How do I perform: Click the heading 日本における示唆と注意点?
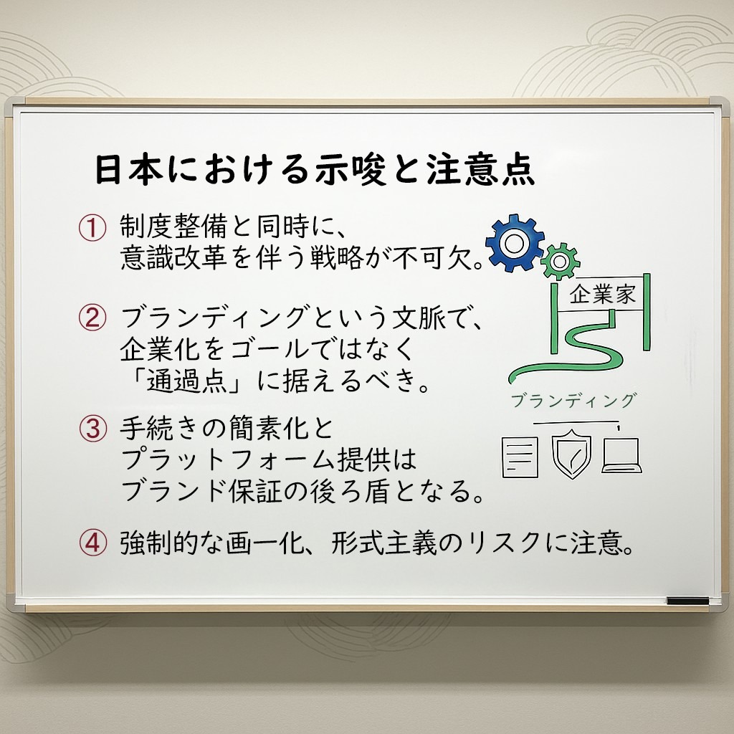(315, 169)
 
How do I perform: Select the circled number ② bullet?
(92, 318)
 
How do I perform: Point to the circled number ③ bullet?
(92, 429)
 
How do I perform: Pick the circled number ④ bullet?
(92, 543)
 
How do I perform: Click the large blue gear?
(515, 243)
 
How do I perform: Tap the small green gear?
(560, 261)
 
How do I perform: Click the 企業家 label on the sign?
(602, 295)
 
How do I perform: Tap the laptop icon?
(621, 456)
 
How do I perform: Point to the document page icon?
(520, 457)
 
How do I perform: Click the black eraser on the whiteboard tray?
(687, 601)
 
